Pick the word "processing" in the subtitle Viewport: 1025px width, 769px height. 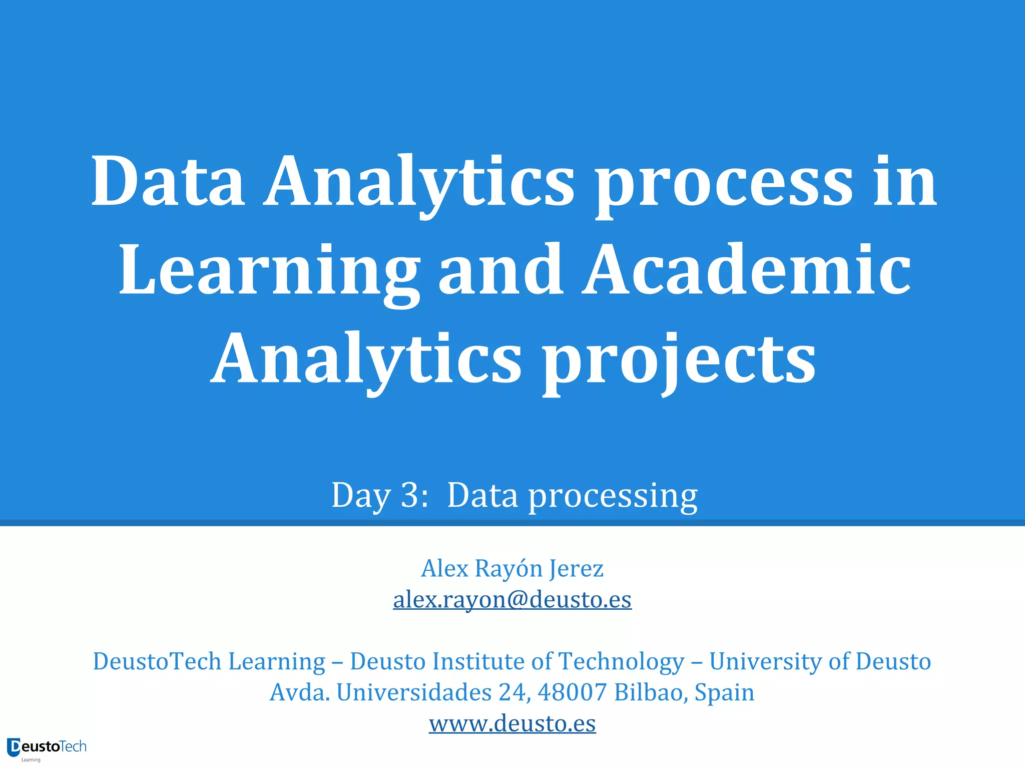(613, 496)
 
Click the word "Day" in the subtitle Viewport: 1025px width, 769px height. (361, 496)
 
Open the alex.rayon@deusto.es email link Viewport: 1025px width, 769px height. (512, 599)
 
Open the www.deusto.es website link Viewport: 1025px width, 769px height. (512, 723)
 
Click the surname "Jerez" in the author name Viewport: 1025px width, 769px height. (576, 569)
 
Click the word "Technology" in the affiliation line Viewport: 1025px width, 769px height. (621, 662)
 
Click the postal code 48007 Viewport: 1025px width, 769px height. (572, 692)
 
